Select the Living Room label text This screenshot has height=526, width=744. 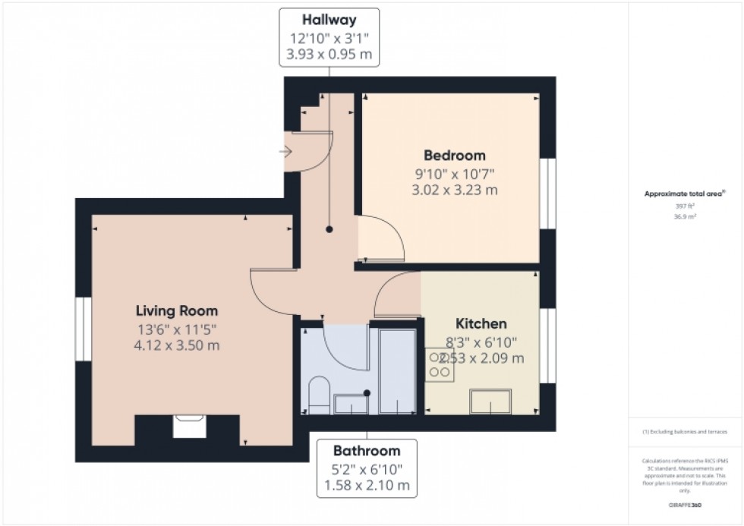tap(177, 310)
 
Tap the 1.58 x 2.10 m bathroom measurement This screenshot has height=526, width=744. tap(367, 485)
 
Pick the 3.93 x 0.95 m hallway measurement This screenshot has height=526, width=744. tap(329, 55)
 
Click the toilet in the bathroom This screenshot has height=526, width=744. tap(319, 393)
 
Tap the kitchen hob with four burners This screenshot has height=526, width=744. tap(439, 365)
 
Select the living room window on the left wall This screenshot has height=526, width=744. tap(83, 329)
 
